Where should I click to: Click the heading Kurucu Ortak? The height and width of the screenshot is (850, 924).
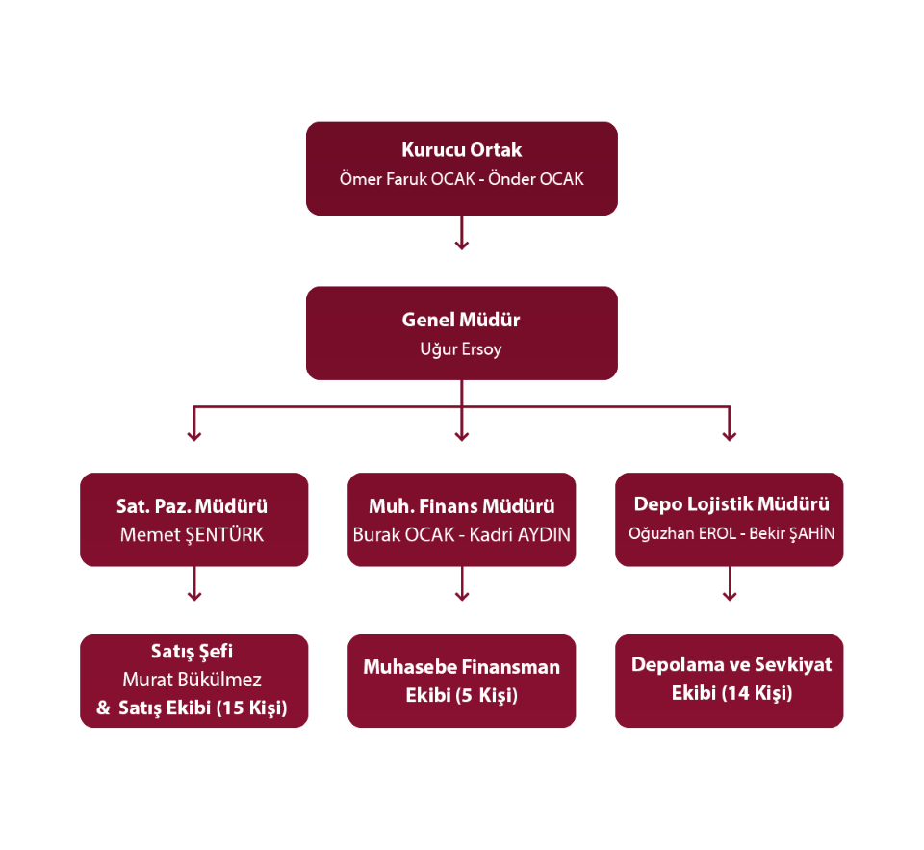tap(461, 150)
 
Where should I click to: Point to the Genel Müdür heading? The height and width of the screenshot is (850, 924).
tap(461, 321)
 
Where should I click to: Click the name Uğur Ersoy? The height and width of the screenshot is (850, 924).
tap(461, 349)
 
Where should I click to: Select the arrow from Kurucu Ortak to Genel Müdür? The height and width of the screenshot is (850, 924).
tap(461, 233)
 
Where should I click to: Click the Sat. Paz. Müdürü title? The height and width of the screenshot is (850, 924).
tap(192, 506)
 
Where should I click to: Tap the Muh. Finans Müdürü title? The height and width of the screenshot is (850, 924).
tap(462, 506)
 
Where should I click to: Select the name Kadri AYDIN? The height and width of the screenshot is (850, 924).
tap(520, 534)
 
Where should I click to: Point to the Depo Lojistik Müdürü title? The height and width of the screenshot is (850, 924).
tap(731, 504)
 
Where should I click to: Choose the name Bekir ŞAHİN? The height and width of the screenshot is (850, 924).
tap(794, 533)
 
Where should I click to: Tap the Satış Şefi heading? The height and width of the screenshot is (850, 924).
tap(192, 652)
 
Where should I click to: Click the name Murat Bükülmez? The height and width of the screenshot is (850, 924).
tap(192, 681)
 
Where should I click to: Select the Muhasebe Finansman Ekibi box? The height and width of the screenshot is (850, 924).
tap(462, 681)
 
